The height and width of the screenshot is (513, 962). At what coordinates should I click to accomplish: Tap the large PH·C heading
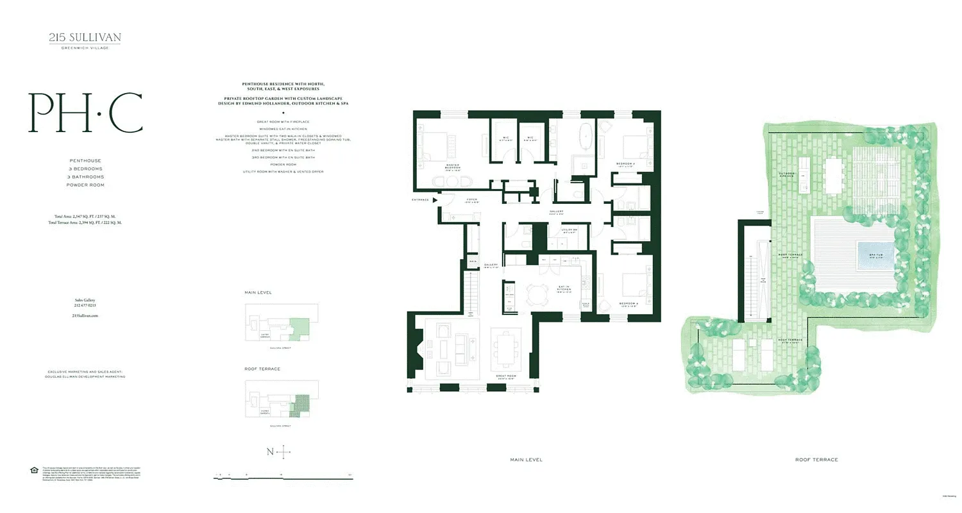(85, 114)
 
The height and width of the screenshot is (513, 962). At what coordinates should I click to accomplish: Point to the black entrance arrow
(435, 200)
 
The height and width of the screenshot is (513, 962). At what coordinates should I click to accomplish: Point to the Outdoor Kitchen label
(787, 174)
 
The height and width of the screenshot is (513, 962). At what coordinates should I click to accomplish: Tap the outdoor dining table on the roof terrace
(834, 176)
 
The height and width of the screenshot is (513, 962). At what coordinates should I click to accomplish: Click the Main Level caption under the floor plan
(526, 460)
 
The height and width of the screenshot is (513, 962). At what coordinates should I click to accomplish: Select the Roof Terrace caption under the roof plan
(816, 460)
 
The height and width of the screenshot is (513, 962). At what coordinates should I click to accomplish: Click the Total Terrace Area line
(85, 223)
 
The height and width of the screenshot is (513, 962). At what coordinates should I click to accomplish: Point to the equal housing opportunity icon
(34, 471)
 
